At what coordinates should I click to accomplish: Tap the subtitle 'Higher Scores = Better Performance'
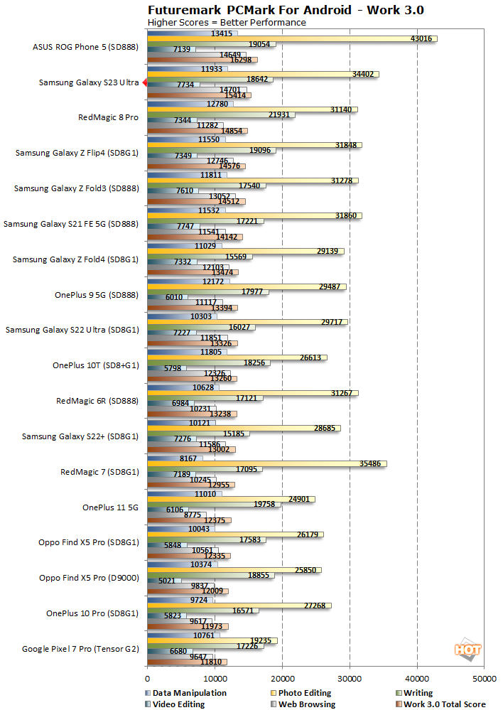click(227, 22)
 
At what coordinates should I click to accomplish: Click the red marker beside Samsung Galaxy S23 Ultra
click(144, 83)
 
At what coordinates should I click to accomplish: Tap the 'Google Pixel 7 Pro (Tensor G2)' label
click(80, 648)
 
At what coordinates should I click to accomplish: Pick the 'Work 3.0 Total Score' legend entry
click(444, 704)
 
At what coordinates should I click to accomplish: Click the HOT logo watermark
click(467, 650)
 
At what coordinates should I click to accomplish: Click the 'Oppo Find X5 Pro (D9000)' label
click(89, 578)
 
